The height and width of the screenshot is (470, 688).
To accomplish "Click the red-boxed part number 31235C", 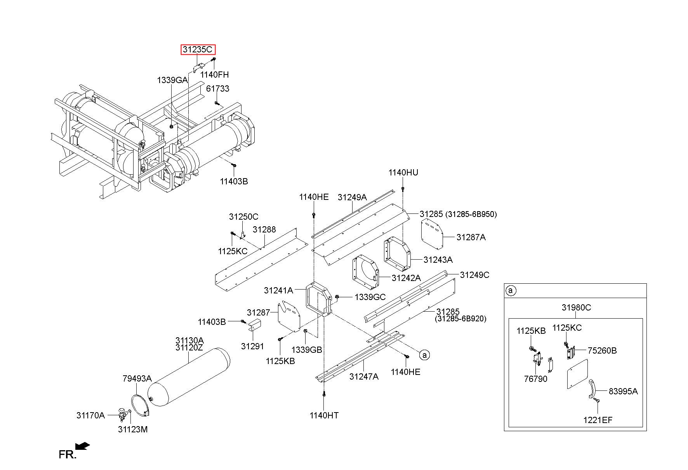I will coord(198,50).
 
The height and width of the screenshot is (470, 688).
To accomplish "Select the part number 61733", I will coord(217,89).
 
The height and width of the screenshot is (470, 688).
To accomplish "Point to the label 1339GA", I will coord(172,80).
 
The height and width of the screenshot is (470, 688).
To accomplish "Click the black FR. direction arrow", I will coord(82,446).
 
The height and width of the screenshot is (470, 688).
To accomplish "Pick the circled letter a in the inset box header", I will coord(511,290).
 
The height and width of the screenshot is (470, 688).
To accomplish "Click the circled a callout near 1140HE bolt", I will coord(424,355).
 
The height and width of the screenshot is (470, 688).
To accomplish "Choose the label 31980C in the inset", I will coord(576,308).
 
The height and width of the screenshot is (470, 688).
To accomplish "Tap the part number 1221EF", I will coord(598,420).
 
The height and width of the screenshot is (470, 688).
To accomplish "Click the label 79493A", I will coord(137,378).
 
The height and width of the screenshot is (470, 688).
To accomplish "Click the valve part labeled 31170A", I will coord(123,414).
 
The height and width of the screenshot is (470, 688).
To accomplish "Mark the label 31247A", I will coord(363,376).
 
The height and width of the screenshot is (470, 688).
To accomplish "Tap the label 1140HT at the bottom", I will coord(324,416).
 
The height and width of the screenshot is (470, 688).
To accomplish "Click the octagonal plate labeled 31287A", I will coord(432,234).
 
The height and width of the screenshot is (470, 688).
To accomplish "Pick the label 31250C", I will coord(243,217).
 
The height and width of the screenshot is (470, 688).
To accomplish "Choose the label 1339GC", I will coord(370,297).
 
